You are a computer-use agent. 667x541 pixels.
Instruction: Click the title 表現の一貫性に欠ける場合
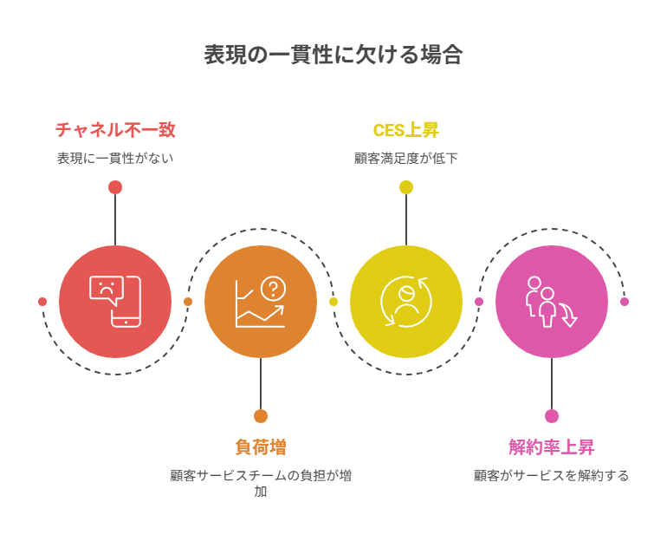[x=333, y=55]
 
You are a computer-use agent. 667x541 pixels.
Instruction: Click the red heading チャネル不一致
[x=115, y=130]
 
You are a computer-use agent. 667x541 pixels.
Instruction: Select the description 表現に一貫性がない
[x=115, y=159]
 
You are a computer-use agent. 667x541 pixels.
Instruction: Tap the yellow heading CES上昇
[x=405, y=130]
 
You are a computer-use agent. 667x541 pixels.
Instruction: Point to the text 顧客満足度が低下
[x=405, y=159]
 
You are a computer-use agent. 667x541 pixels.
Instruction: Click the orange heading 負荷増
[x=261, y=446]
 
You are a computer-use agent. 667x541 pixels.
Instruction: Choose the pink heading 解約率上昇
[x=551, y=446]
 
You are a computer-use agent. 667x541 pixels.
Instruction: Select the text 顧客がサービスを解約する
[x=551, y=475]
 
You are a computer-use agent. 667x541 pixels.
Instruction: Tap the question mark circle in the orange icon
[x=273, y=289]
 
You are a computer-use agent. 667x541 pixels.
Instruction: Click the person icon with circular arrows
[x=405, y=302]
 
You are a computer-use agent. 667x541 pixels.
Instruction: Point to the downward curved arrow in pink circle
[x=568, y=315]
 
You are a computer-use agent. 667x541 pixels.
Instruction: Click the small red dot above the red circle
[x=115, y=187]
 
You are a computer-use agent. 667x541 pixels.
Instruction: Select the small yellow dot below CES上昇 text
[x=406, y=187]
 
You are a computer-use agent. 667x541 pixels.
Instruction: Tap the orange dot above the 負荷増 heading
[x=261, y=416]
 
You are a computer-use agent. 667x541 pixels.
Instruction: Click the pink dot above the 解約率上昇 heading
[x=552, y=416]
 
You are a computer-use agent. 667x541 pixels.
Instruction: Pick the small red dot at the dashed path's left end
[x=42, y=302]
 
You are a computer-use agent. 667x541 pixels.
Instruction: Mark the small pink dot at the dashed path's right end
[x=625, y=302]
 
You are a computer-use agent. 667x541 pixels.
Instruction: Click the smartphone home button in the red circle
[x=126, y=323]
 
